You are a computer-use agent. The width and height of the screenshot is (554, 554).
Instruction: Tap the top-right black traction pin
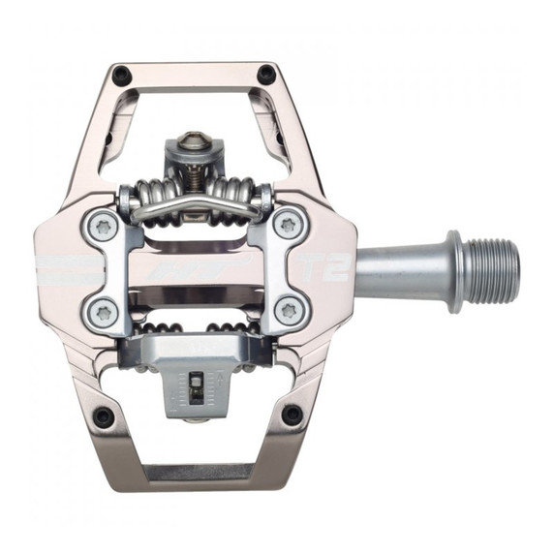(x=266, y=74)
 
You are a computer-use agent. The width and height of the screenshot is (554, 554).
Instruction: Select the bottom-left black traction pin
(x=103, y=416)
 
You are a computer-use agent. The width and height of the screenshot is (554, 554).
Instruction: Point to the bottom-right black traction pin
(x=291, y=415)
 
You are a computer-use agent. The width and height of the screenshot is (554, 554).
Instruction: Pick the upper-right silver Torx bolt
(x=287, y=225)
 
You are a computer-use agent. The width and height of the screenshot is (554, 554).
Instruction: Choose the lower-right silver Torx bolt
(x=287, y=311)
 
